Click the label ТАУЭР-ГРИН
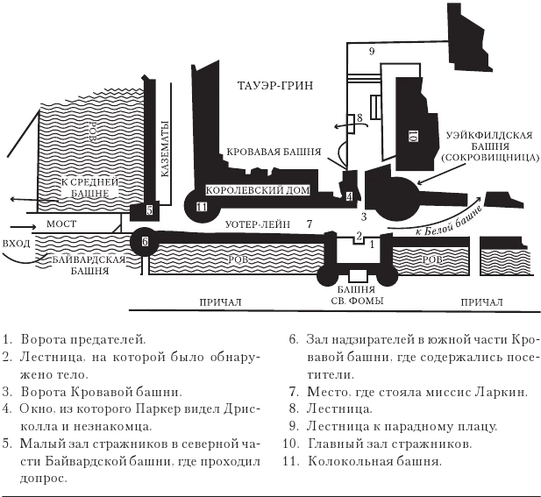(275, 85)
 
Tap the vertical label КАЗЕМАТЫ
(163, 149)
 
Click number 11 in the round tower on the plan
(203, 207)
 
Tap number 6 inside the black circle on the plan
(145, 241)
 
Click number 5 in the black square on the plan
(149, 210)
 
